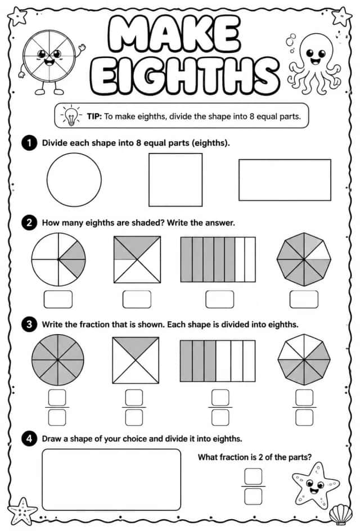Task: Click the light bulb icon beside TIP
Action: (71, 115)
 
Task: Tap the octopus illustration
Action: (314, 64)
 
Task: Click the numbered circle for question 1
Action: (29, 143)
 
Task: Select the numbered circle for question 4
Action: (29, 439)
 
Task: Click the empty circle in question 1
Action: (74, 179)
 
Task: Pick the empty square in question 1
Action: (175, 179)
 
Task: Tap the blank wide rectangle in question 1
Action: (285, 180)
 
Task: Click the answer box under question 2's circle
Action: (58, 299)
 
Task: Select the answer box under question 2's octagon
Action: (304, 299)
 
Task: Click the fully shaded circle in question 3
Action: (58, 359)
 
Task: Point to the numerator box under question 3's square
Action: (134, 398)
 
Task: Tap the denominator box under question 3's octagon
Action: (304, 418)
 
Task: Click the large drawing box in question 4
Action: (111, 479)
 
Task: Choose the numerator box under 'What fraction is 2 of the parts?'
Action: (253, 476)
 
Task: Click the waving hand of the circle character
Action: (81, 48)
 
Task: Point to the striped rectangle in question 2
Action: (218, 260)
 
